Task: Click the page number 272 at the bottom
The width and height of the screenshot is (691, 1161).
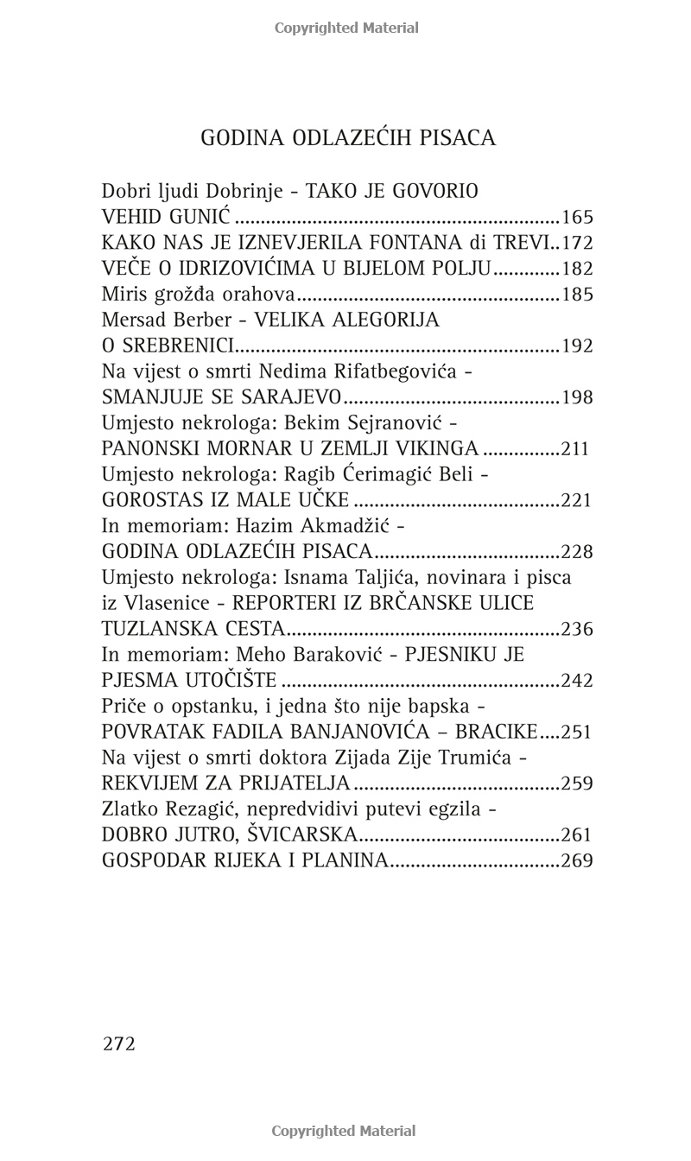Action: (x=119, y=1044)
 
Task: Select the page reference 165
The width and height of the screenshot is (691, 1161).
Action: (x=577, y=218)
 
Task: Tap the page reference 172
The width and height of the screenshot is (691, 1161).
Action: (x=577, y=244)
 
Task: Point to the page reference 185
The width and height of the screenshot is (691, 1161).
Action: (x=577, y=295)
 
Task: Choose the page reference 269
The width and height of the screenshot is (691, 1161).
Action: (x=577, y=860)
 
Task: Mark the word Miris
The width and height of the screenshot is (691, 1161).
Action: (x=122, y=295)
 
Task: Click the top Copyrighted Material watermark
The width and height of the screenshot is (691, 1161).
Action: (x=346, y=28)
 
